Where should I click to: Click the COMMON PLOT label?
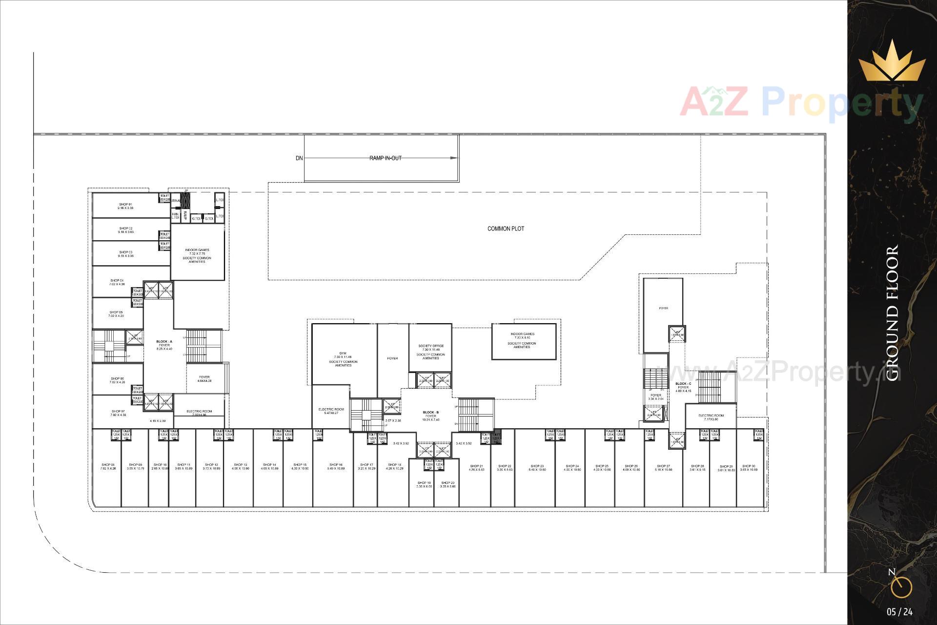pyautogui.click(x=506, y=229)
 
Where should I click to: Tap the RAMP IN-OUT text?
pyautogui.click(x=386, y=158)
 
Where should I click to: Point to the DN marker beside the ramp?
pyautogui.click(x=299, y=158)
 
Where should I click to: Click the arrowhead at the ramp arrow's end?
pyautogui.click(x=454, y=158)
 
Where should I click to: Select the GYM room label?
pyautogui.click(x=343, y=353)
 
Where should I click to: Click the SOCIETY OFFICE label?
pyautogui.click(x=430, y=346)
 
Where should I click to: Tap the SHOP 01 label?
pyautogui.click(x=125, y=205)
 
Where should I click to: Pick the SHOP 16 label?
pyautogui.click(x=336, y=465)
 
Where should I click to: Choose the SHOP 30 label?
pyautogui.click(x=749, y=466)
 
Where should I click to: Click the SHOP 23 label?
pyautogui.click(x=537, y=466)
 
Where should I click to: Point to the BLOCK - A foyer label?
pyautogui.click(x=164, y=342)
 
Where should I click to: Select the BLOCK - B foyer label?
pyautogui.click(x=431, y=413)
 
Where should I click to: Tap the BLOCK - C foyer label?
pyautogui.click(x=683, y=384)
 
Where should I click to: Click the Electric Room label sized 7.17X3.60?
pyautogui.click(x=711, y=416)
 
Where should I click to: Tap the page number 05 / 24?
pyautogui.click(x=900, y=612)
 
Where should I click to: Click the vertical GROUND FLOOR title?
pyautogui.click(x=892, y=313)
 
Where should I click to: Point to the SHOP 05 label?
pyautogui.click(x=116, y=312)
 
